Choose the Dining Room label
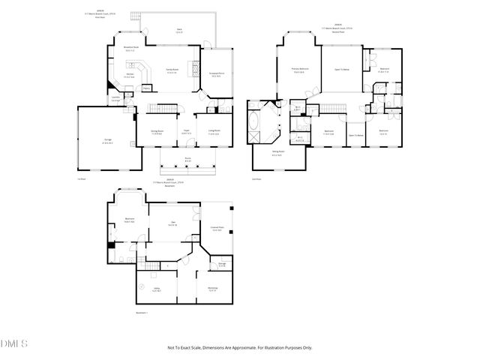156,132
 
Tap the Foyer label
186,133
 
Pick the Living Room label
214,132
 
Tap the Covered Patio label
217,229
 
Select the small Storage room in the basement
222,264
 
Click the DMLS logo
13,343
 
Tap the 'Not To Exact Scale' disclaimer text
239,347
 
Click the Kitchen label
129,76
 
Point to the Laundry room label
116,100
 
